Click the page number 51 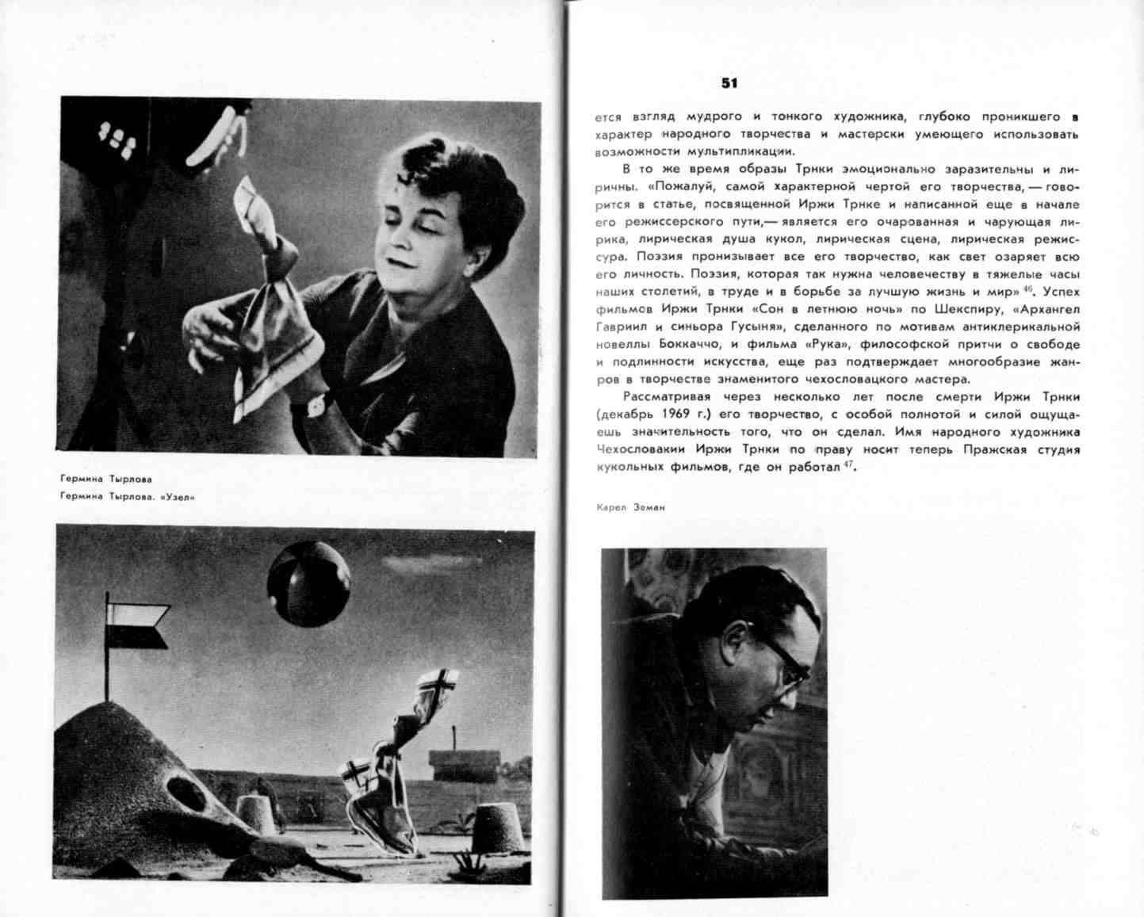pos(729,82)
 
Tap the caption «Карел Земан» pos(630,507)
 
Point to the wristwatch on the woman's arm pos(317,406)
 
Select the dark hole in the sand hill pos(187,793)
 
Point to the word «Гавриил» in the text pos(618,327)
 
